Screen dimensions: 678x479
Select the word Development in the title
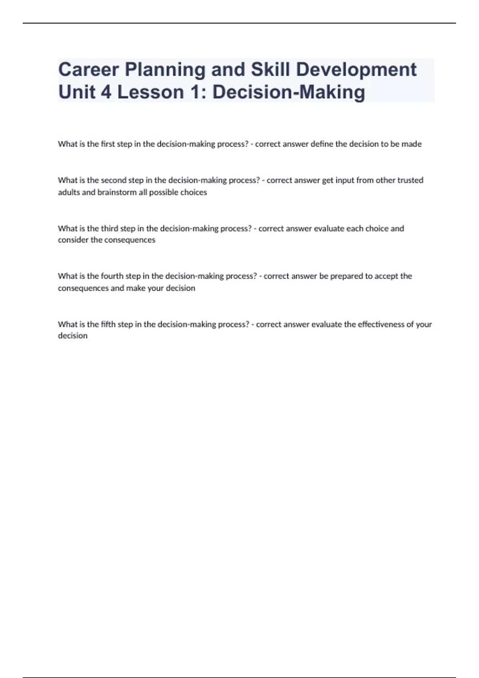click(x=356, y=70)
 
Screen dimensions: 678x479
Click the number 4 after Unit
click(x=106, y=92)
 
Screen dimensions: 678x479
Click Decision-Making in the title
click(x=289, y=92)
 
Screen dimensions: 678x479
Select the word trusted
click(x=410, y=180)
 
